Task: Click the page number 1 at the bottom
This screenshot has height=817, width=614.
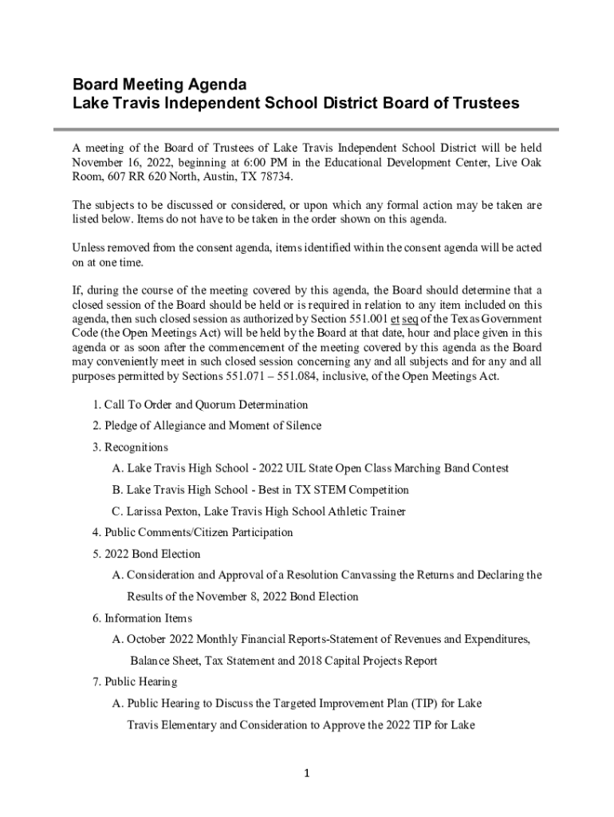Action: click(306, 774)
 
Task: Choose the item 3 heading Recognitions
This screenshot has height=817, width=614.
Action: click(136, 447)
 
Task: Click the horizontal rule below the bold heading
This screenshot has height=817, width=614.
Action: click(306, 129)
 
